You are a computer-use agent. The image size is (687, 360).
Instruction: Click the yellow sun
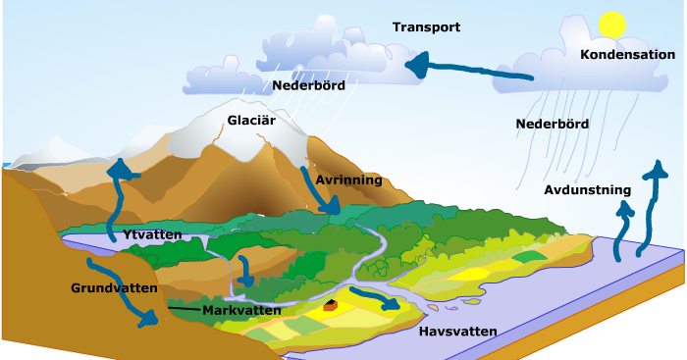pyautogui.click(x=612, y=25)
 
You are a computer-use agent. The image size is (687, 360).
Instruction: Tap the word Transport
pyautogui.click(x=426, y=27)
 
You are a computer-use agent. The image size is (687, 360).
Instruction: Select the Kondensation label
pyautogui.click(x=627, y=55)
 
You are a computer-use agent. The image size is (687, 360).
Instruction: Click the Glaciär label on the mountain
pyautogui.click(x=251, y=121)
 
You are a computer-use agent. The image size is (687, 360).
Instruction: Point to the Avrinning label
pyautogui.click(x=348, y=180)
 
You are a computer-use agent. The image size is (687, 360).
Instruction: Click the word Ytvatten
pyautogui.click(x=154, y=235)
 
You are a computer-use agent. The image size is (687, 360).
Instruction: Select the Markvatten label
pyautogui.click(x=241, y=311)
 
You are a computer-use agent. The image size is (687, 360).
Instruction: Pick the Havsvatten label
pyautogui.click(x=458, y=332)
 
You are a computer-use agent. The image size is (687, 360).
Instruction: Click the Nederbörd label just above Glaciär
pyautogui.click(x=309, y=85)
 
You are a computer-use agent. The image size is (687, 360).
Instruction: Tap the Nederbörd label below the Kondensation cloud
pyautogui.click(x=552, y=125)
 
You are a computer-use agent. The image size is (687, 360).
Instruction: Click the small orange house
pyautogui.click(x=331, y=306)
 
